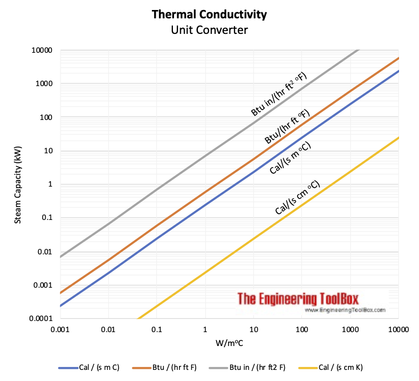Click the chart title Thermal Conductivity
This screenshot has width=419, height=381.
pyautogui.click(x=209, y=14)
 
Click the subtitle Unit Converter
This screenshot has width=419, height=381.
pyautogui.click(x=209, y=29)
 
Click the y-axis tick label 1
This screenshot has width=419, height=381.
pyautogui.click(x=49, y=184)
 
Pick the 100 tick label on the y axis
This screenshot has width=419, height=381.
pyautogui.click(x=45, y=117)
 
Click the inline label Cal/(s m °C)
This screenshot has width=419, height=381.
pyautogui.click(x=290, y=158)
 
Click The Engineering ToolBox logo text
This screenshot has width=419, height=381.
pyautogui.click(x=298, y=299)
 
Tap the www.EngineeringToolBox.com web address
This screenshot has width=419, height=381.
pyautogui.click(x=345, y=310)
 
